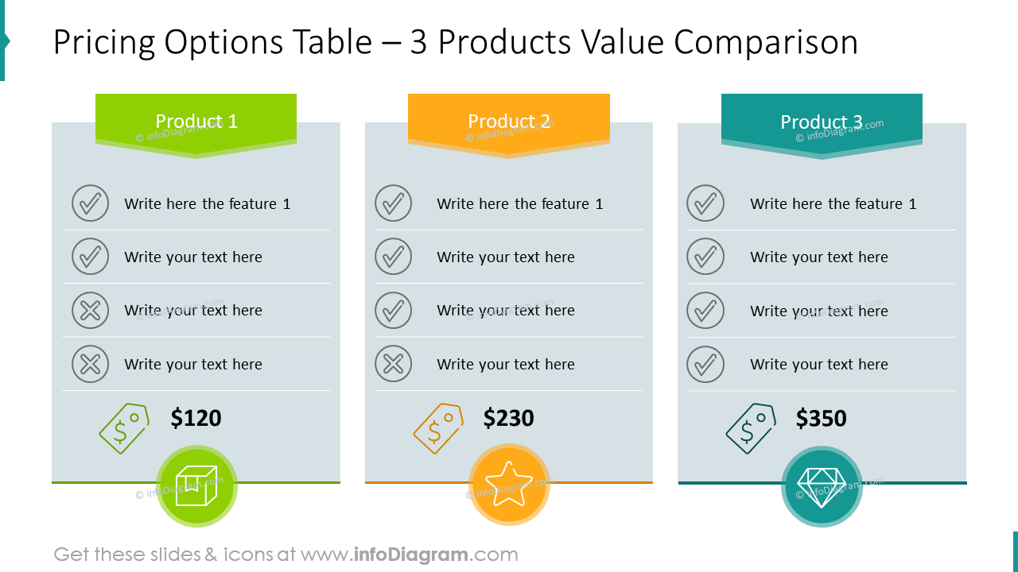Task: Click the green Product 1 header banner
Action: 196,122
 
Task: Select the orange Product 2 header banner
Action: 509,122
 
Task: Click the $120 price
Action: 196,419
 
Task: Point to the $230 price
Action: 509,419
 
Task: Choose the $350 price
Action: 822,419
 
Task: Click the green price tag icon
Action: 124,429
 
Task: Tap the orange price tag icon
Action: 438,429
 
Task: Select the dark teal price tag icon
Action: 751,429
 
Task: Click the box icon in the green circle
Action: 196,485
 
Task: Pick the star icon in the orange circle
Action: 509,484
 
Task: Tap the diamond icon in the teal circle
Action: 822,486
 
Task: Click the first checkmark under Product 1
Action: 90,203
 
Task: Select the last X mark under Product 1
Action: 90,365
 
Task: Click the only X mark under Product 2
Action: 393,365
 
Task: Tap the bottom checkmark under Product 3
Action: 705,365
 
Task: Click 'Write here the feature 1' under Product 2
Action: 520,204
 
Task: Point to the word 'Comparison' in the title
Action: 766,42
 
